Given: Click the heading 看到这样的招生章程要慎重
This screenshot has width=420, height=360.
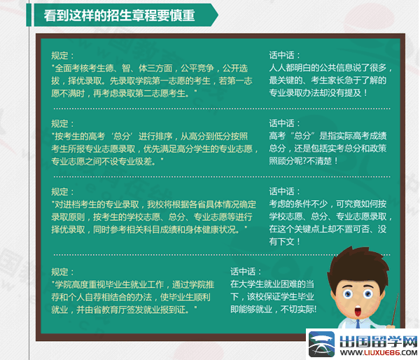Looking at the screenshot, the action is tap(119, 15).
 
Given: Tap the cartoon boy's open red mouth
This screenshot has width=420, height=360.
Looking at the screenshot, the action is tap(358, 312).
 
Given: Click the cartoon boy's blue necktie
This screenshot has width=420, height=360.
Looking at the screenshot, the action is tap(358, 324).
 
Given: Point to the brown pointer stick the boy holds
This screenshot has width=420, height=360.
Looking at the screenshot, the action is tap(395, 309).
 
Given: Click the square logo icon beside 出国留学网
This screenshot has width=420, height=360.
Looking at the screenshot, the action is tap(321, 344).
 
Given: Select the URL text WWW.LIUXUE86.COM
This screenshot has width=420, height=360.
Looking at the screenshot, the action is tap(379, 352).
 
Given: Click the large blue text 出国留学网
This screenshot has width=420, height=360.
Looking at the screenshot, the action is tap(379, 341).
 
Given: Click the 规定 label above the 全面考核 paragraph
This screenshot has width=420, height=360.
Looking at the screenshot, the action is tap(59, 55).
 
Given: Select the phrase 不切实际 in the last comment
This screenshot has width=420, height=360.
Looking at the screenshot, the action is tap(297, 310).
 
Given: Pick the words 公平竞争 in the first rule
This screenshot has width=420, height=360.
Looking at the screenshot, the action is tap(197, 69).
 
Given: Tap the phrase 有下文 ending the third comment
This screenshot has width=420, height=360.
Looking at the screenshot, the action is tap(281, 242).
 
